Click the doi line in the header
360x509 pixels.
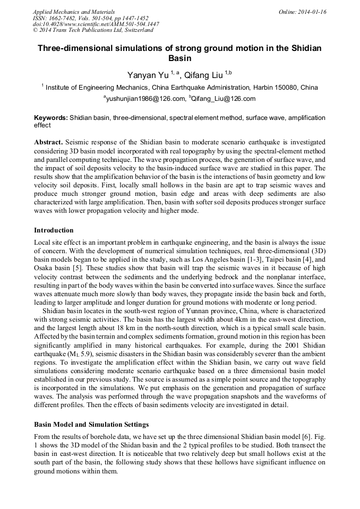(x=96, y=24)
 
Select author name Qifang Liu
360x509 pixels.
(x=204, y=76)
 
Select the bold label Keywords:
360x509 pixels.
(x=51, y=118)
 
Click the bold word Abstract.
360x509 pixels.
(x=49, y=143)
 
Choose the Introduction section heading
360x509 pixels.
(x=54, y=230)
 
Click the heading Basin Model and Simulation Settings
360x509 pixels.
(x=91, y=425)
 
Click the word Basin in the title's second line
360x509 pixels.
(x=179, y=58)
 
